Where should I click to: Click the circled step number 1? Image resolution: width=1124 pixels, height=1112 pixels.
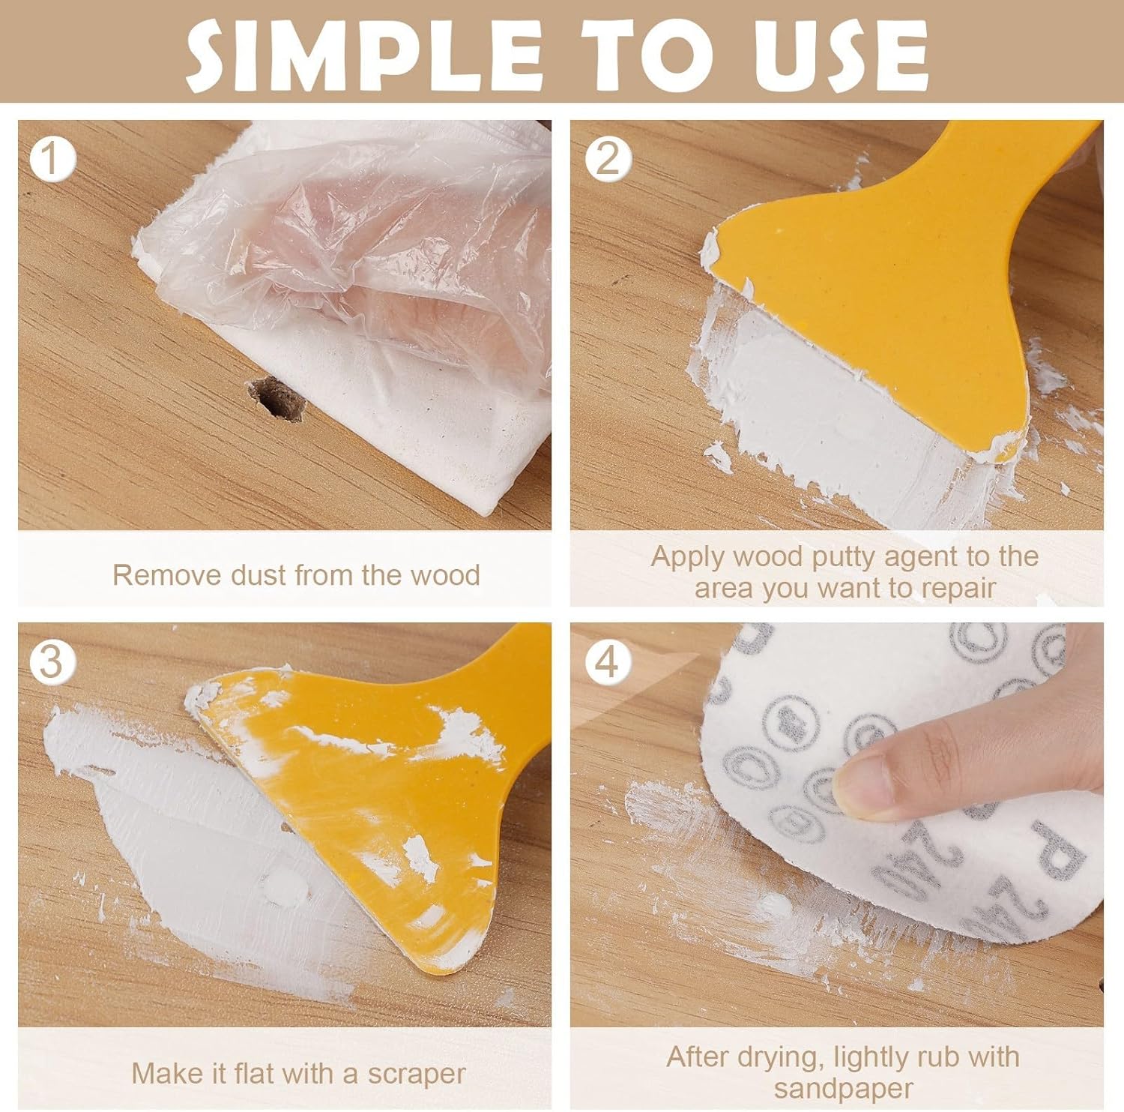coord(52,159)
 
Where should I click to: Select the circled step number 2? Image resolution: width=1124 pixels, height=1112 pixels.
coord(607,159)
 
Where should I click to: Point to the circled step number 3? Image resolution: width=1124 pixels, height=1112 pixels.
coord(52,662)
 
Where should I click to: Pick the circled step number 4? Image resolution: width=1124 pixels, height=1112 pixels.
coord(607,662)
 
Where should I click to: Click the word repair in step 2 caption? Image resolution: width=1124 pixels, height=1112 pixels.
coord(958,589)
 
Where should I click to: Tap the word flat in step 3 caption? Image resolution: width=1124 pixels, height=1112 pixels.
coord(253,1073)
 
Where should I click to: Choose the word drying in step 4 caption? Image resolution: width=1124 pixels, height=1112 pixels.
coord(782,1058)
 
